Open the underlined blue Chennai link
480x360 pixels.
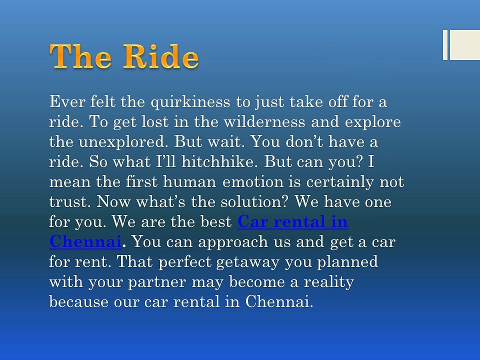(x=85, y=242)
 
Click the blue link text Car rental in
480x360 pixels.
(x=292, y=222)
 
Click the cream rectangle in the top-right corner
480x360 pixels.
(x=464, y=45)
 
